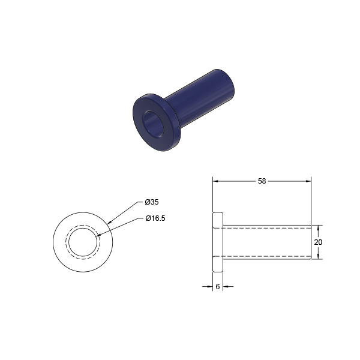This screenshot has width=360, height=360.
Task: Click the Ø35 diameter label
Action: [x=152, y=202]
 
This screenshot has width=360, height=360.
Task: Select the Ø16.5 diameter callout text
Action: [x=155, y=218]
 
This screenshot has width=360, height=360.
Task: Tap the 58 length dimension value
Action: [x=262, y=181]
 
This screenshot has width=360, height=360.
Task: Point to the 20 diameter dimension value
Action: [x=318, y=242]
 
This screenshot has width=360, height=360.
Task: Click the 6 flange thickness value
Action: [x=218, y=287]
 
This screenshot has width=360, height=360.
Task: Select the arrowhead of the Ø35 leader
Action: [x=109, y=222]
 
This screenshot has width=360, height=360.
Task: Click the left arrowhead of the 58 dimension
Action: [x=215, y=181]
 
